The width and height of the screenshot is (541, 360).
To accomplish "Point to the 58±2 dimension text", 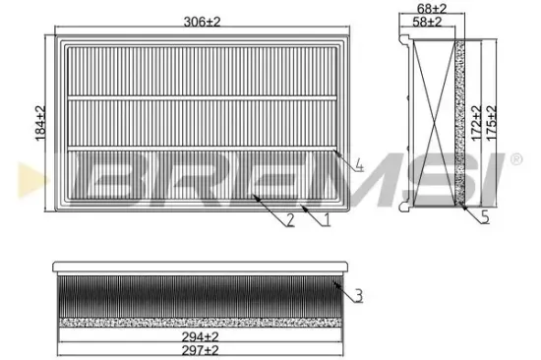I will [x=429, y=22].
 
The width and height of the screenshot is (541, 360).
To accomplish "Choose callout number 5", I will [x=485, y=219].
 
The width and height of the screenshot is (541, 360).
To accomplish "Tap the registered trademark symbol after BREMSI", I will [x=516, y=158].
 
